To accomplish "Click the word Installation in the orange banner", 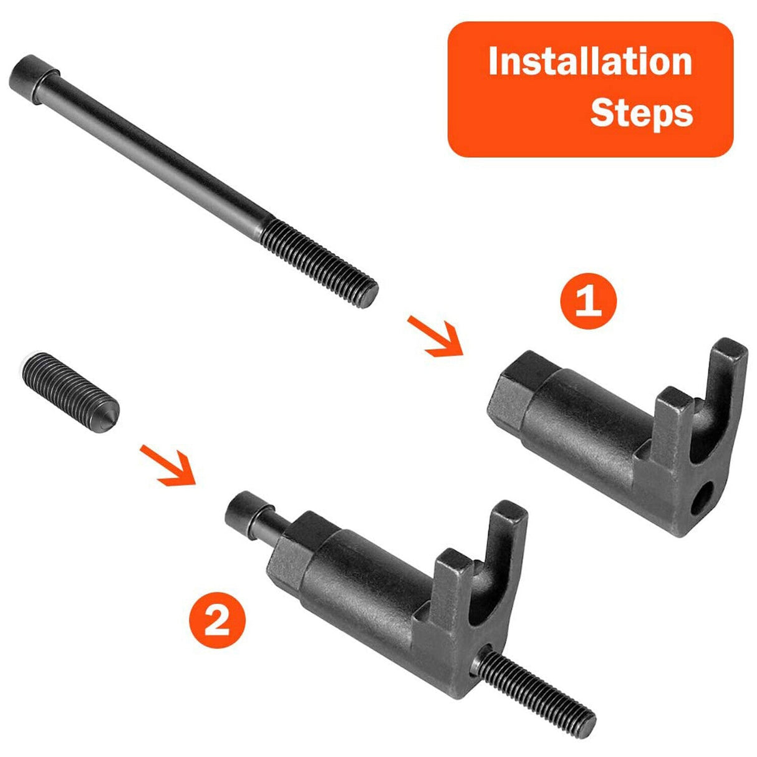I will coord(589,62).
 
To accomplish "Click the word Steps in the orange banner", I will coord(641,113).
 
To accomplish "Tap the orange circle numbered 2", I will coord(217,623).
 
